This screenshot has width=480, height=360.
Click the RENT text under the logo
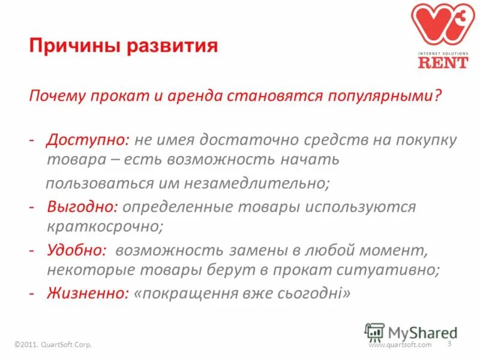[x=443, y=61]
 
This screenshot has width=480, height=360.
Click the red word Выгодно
[x=82, y=207]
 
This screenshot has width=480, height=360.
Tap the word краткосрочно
[x=105, y=227]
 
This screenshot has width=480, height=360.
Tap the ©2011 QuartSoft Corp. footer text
[x=56, y=345]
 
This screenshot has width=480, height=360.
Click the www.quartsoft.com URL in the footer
[x=400, y=345]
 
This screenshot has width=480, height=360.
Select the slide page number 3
[x=449, y=343]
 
